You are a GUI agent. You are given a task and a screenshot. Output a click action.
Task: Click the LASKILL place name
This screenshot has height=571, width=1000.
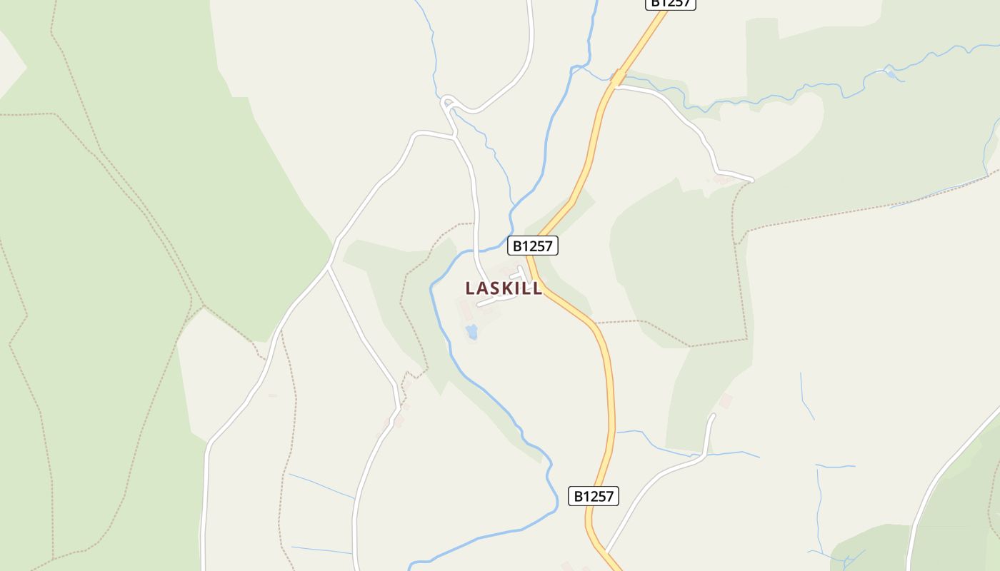(504, 288)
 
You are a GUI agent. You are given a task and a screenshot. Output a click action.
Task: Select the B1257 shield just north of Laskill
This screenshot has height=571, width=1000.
(533, 246)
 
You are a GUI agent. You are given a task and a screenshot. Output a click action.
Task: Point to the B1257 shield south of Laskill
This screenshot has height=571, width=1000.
(594, 496)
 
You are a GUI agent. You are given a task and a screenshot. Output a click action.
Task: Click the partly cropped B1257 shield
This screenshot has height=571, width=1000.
(670, 4)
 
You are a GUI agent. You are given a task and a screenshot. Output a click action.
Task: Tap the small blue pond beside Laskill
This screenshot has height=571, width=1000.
(471, 331)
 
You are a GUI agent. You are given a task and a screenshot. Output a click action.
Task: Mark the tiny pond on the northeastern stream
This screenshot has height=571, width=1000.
(890, 73)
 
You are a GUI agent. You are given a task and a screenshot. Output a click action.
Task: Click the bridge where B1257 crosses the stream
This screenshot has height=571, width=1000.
(618, 78)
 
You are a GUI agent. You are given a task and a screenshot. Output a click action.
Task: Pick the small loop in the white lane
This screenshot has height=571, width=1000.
(448, 103)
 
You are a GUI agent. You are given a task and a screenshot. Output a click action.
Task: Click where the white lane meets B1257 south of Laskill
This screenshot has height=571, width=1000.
(605, 551)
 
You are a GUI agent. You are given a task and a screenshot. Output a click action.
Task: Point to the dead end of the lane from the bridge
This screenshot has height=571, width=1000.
(751, 179)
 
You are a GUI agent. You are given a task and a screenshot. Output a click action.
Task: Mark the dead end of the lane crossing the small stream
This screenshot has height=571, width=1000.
(712, 415)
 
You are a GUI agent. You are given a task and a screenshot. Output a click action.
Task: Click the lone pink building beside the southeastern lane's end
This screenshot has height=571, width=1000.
(726, 400)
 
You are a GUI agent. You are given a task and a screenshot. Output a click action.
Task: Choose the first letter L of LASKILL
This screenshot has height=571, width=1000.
(470, 288)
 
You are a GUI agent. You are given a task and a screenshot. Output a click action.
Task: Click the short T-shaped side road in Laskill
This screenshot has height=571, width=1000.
(521, 274)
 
